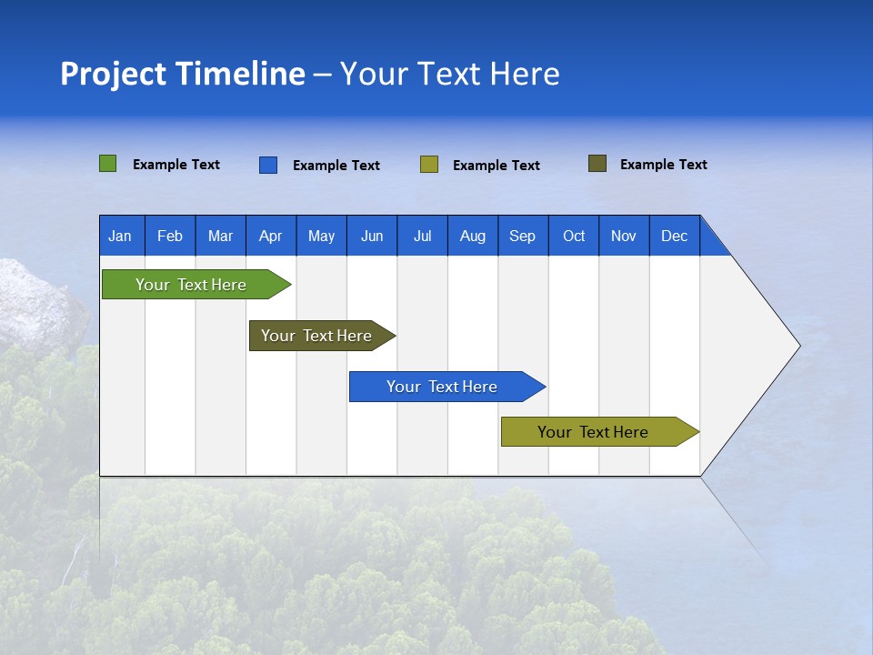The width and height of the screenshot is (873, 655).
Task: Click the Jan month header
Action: (120, 236)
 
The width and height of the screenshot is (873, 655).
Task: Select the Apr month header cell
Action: (270, 236)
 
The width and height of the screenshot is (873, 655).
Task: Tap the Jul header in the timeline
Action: (422, 236)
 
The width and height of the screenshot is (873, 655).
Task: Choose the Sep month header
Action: (522, 236)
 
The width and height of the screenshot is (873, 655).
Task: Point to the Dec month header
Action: (674, 236)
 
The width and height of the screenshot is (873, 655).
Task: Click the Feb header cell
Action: (170, 236)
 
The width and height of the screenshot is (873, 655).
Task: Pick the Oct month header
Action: (574, 236)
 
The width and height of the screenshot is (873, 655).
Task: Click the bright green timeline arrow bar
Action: (191, 285)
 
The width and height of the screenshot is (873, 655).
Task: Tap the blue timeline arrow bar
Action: (442, 387)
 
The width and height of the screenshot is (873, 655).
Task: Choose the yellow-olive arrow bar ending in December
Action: (593, 432)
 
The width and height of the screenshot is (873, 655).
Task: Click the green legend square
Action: (108, 164)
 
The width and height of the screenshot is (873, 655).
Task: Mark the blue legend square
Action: (268, 165)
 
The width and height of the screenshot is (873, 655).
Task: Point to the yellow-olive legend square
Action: (429, 165)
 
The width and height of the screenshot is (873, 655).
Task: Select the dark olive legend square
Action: (597, 164)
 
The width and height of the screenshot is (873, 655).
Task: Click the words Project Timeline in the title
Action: (183, 74)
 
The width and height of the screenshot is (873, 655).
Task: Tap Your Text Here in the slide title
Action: (449, 74)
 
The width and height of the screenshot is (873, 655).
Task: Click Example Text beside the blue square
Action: (336, 166)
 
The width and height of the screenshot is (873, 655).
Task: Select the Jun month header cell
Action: (372, 236)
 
